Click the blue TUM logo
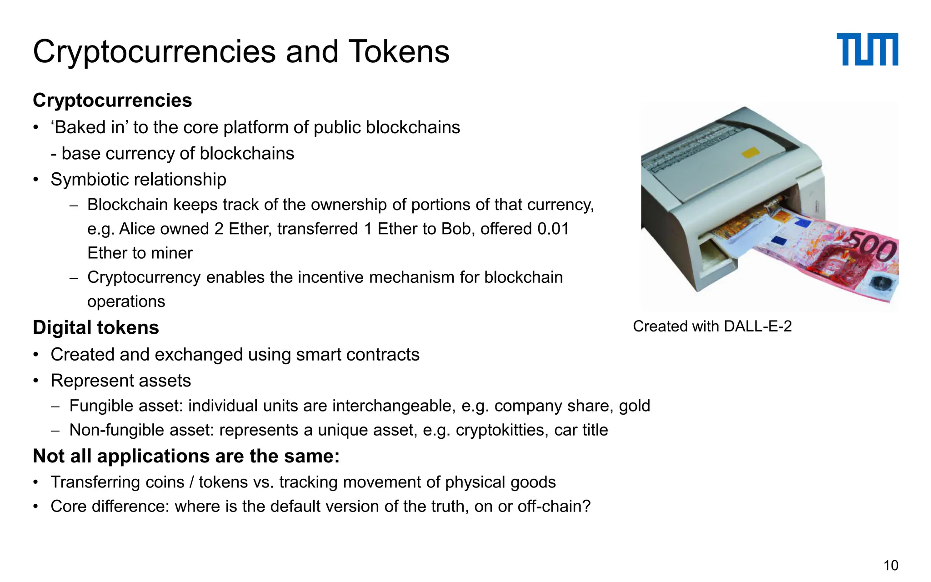[x=867, y=50]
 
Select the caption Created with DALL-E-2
[x=712, y=326]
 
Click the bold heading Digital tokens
[x=96, y=327]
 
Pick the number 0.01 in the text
[x=553, y=229]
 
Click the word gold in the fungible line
[x=634, y=406]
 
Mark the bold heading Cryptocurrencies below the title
[x=112, y=100]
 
